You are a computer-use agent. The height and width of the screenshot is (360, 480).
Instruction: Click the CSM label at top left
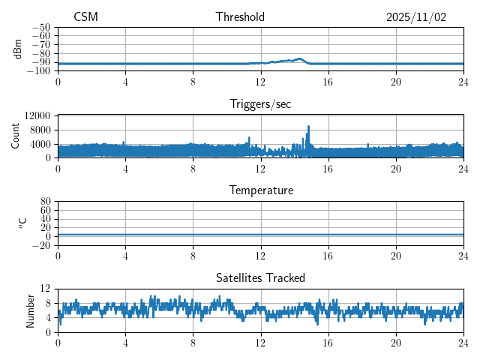[85, 17]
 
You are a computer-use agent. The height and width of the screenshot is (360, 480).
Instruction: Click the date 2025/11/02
[416, 17]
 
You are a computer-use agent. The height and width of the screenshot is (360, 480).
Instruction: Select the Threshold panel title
[240, 17]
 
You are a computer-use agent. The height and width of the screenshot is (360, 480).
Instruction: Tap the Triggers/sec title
[260, 104]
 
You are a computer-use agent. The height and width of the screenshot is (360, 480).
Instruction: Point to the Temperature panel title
[260, 190]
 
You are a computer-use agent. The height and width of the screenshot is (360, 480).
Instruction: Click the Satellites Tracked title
[260, 277]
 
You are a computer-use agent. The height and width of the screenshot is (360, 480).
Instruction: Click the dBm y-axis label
[17, 49]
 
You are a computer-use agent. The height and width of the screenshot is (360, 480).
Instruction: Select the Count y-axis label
[16, 136]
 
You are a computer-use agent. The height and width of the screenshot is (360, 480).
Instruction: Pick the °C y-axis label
[22, 223]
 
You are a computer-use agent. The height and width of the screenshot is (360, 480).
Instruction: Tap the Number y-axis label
[30, 310]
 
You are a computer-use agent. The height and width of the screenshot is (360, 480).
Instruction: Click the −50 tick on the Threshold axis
[40, 27]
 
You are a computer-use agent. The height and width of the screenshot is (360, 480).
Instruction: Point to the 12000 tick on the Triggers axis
[37, 115]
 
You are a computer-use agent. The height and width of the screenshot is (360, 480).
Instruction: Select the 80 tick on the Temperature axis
[45, 202]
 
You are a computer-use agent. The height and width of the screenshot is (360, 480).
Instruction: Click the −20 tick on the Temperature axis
[40, 245]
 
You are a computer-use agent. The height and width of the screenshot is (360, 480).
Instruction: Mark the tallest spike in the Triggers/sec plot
[308, 127]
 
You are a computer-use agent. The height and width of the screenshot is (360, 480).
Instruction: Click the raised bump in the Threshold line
[298, 58]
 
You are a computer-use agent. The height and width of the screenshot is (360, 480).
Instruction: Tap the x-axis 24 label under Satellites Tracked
[463, 342]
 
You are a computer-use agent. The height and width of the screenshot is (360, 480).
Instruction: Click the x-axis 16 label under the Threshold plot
[328, 81]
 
